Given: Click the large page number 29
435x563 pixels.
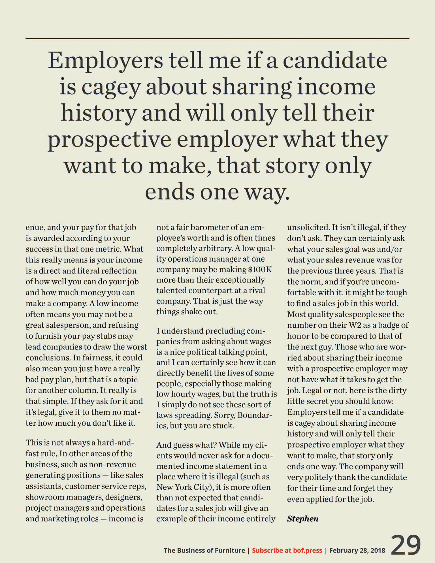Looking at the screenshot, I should (406, 545).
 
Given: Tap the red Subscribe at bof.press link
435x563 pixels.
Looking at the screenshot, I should (287, 550).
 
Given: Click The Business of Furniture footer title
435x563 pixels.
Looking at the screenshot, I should (204, 550).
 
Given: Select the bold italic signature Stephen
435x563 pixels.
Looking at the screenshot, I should (302, 519).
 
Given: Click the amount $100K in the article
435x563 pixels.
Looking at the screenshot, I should (260, 269).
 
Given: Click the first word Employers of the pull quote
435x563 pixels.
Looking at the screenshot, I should (105, 61).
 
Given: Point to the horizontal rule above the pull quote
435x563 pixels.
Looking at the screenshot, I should (217, 38).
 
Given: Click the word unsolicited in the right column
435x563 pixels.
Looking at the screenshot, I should (307, 227).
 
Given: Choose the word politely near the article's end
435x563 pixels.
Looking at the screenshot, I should (315, 477).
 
